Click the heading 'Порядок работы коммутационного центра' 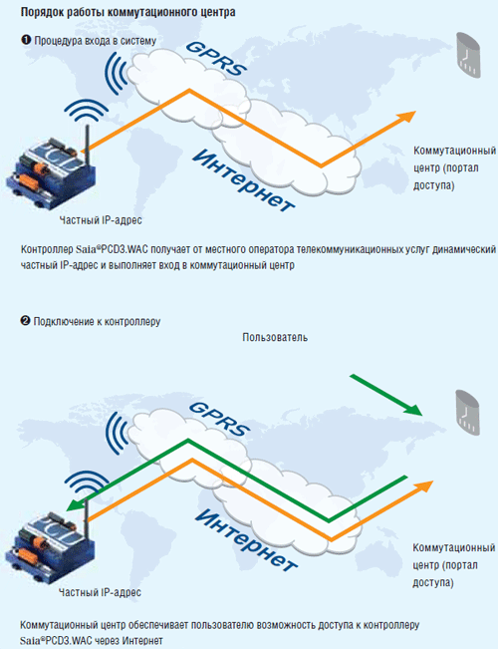127,12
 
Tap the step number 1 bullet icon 26,40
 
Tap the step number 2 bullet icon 25,321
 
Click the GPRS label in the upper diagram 216,59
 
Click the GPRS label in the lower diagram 219,419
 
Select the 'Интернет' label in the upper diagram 244,180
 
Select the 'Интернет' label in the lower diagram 245,540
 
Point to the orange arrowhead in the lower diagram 423,487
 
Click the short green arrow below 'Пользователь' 385,395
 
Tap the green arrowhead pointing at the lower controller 74,505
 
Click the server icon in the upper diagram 468,55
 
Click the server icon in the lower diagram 467,413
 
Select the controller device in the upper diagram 51,165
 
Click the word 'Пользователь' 275,337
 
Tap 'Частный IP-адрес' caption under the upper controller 101,220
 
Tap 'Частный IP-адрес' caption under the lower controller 100,592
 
